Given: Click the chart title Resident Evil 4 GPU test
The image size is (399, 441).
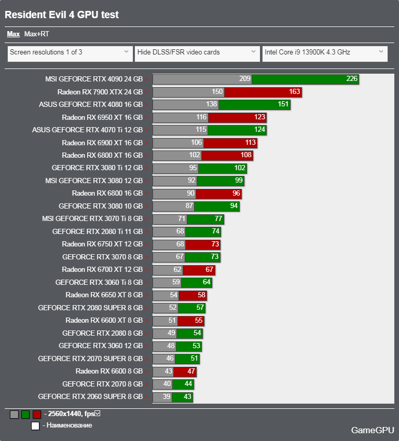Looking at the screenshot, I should click(62, 15).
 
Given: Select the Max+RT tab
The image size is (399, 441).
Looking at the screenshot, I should click(37, 34).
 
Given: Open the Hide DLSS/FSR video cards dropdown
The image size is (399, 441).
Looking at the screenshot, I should click(197, 52).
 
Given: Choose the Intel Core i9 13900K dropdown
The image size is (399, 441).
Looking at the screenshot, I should click(324, 52).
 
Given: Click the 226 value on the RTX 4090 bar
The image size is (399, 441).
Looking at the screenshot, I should click(352, 79).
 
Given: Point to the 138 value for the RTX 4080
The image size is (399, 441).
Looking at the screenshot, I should click(211, 104).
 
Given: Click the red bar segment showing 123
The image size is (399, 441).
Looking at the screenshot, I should click(238, 117).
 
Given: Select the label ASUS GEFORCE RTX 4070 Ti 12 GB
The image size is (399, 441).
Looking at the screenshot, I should click(87, 130).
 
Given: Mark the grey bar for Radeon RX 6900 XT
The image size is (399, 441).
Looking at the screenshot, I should click(178, 143).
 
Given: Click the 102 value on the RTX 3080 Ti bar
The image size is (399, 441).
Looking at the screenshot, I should click(240, 168).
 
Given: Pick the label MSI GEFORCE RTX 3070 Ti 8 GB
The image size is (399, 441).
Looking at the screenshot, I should click(92, 219).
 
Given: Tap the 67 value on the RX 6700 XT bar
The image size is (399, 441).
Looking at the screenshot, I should click(210, 270).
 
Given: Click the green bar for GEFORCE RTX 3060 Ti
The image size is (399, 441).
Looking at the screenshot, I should click(196, 282).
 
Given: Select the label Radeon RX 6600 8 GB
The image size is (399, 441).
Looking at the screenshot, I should click(109, 371).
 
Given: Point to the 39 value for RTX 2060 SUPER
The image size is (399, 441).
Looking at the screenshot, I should click(167, 397).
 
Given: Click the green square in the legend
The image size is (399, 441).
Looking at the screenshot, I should click(25, 415).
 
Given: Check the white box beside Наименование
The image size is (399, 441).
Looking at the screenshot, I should click(35, 426).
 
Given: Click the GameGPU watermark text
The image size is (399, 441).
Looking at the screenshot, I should click(372, 430).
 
